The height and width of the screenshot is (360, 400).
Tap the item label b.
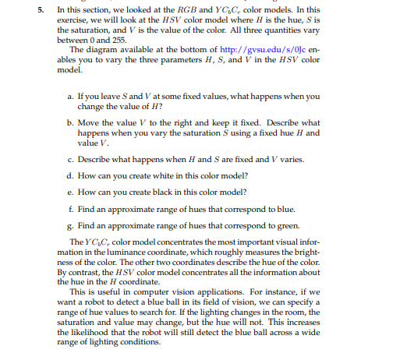[x=71, y=122]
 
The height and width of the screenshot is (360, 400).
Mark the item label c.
[x=71, y=160]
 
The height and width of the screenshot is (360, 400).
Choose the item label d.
[x=71, y=175]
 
